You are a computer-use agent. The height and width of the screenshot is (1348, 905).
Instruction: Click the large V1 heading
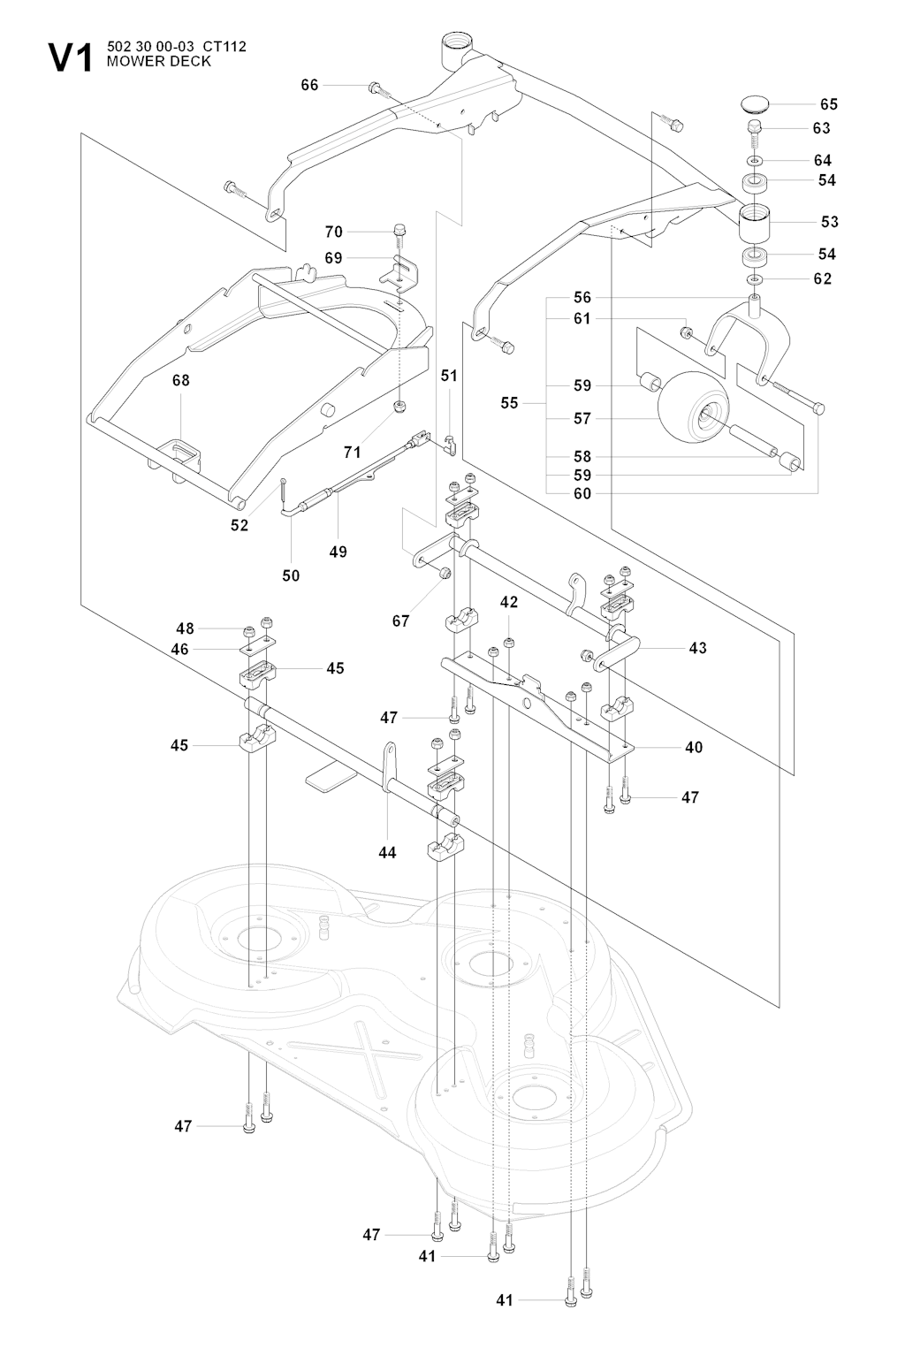click(71, 59)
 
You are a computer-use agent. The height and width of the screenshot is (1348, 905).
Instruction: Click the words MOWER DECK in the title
click(159, 62)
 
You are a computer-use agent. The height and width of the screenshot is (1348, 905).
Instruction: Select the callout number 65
click(828, 103)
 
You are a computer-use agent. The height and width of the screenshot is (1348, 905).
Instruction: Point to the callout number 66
click(309, 85)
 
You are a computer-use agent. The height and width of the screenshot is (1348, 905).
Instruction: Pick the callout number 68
click(181, 380)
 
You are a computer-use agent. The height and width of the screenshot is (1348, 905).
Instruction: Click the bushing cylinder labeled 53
click(755, 221)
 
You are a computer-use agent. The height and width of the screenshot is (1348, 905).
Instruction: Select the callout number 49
click(338, 552)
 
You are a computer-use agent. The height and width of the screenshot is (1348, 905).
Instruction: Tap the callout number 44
click(387, 852)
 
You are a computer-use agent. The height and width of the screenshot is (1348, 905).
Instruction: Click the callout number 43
click(697, 648)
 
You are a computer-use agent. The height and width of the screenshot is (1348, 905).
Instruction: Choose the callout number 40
click(694, 747)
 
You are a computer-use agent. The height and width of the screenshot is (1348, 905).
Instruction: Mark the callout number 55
click(509, 402)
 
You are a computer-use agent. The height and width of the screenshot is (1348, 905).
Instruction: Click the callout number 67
click(400, 621)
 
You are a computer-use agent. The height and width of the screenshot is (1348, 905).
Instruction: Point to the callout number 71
click(353, 452)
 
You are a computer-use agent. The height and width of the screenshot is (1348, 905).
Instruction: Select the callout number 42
click(508, 602)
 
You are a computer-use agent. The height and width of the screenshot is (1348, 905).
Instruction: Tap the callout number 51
click(449, 376)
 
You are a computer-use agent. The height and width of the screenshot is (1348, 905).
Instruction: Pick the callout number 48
click(185, 628)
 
